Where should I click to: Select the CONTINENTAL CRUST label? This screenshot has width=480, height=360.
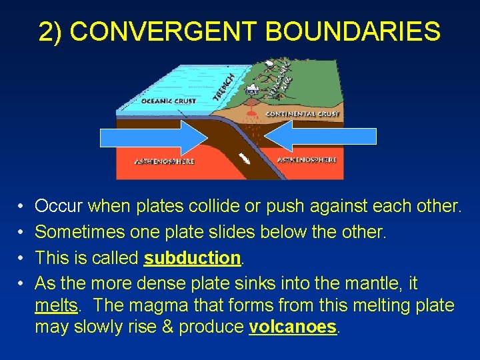(302, 114)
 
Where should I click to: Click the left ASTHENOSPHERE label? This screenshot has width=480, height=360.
(165, 161)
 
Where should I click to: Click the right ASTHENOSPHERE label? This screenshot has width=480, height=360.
(306, 160)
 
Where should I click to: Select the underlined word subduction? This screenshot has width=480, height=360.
(192, 257)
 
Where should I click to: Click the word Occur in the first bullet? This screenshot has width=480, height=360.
(59, 207)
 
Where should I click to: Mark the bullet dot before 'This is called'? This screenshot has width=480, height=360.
(21, 258)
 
